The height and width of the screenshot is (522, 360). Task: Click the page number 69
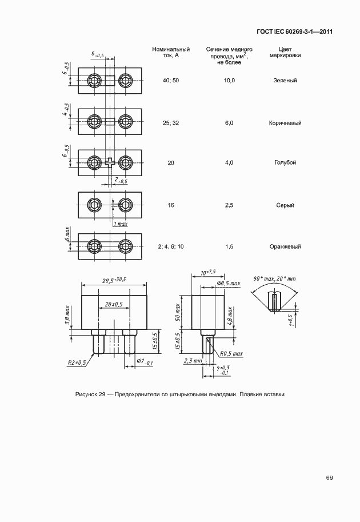329,477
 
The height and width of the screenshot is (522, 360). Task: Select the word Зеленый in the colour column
285,81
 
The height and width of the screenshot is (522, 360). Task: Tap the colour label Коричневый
285,123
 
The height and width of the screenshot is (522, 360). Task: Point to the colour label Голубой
285,163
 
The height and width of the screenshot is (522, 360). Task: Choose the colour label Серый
285,205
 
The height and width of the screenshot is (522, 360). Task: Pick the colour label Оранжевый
285,246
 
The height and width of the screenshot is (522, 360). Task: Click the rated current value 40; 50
171,81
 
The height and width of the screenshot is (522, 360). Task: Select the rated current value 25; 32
171,123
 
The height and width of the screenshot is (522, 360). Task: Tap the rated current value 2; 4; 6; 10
171,246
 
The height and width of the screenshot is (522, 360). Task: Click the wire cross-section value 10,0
229,81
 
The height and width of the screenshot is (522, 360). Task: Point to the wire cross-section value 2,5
229,205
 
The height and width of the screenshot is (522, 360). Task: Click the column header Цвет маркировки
285,53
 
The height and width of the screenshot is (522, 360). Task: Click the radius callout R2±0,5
77,362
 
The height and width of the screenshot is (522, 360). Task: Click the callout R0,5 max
231,354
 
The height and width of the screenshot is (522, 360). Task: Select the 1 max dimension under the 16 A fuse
119,224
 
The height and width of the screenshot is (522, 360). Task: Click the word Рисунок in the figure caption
86,395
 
